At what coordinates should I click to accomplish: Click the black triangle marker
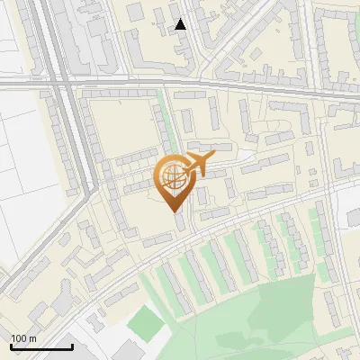point(181,24)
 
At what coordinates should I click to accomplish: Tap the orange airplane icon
point(196,165)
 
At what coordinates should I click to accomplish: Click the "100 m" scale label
point(23,338)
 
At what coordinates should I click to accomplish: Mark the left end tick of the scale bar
point(11,346)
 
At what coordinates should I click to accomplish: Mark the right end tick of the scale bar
point(72,346)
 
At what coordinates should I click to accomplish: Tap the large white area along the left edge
point(22,180)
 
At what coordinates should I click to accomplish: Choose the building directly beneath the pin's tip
point(180,225)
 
